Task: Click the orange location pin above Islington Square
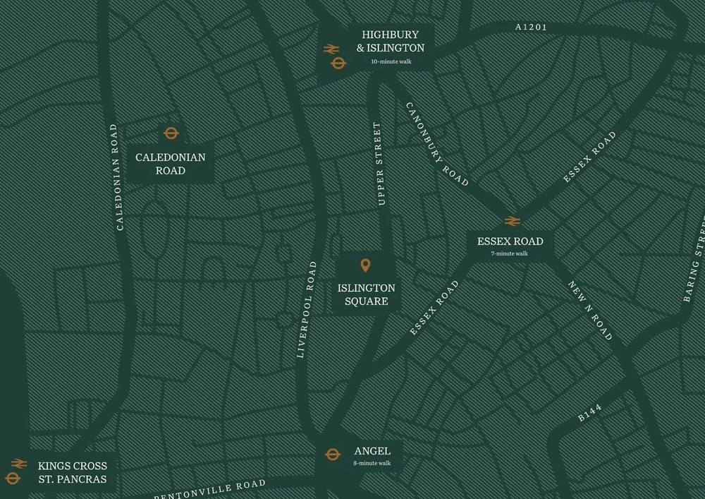(x=365, y=266)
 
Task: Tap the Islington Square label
(x=366, y=295)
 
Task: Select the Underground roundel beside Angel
(x=333, y=454)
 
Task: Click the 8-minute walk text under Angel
(x=372, y=464)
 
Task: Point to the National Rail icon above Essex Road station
(x=512, y=221)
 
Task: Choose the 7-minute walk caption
(x=510, y=253)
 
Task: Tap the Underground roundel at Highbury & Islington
(x=338, y=64)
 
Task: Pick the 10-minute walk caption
(x=391, y=62)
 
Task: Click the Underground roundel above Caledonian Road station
(x=171, y=133)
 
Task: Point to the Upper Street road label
(x=380, y=164)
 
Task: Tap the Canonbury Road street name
(x=436, y=144)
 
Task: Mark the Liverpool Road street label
(x=306, y=310)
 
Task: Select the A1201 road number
(x=531, y=28)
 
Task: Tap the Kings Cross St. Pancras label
(x=73, y=473)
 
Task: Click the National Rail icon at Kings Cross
(x=18, y=464)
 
